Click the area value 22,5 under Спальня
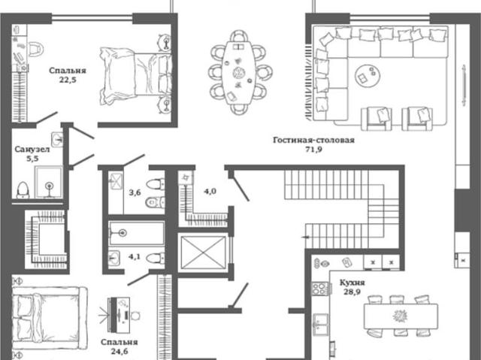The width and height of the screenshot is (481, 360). click(x=68, y=80)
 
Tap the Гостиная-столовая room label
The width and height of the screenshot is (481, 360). click(x=313, y=140)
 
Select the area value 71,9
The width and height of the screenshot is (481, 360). click(x=314, y=150)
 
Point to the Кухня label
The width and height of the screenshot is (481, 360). click(x=352, y=283)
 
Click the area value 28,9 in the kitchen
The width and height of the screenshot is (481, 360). click(x=352, y=292)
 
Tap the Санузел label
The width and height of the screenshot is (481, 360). click(x=32, y=150)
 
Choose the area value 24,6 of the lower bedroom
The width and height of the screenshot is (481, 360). click(x=119, y=351)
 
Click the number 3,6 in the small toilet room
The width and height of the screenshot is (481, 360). click(x=135, y=192)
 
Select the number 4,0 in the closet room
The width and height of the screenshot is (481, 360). click(x=210, y=192)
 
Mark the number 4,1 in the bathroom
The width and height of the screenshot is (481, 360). click(x=135, y=256)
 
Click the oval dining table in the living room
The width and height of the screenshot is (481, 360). click(x=239, y=72)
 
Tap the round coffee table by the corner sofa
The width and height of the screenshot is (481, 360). click(x=368, y=75)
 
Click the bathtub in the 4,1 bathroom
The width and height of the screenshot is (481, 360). click(x=137, y=233)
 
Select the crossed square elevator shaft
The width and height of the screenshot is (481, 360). click(x=203, y=253)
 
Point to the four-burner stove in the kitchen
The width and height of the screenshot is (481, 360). click(x=320, y=289)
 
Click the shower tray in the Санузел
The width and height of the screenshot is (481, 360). click(x=48, y=182)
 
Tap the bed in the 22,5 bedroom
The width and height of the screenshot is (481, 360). click(x=135, y=76)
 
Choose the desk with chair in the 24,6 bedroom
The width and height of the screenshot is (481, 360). click(x=121, y=315)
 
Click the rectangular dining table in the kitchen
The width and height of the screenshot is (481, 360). click(x=401, y=316)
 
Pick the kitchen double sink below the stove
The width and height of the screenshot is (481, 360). click(x=320, y=325)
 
